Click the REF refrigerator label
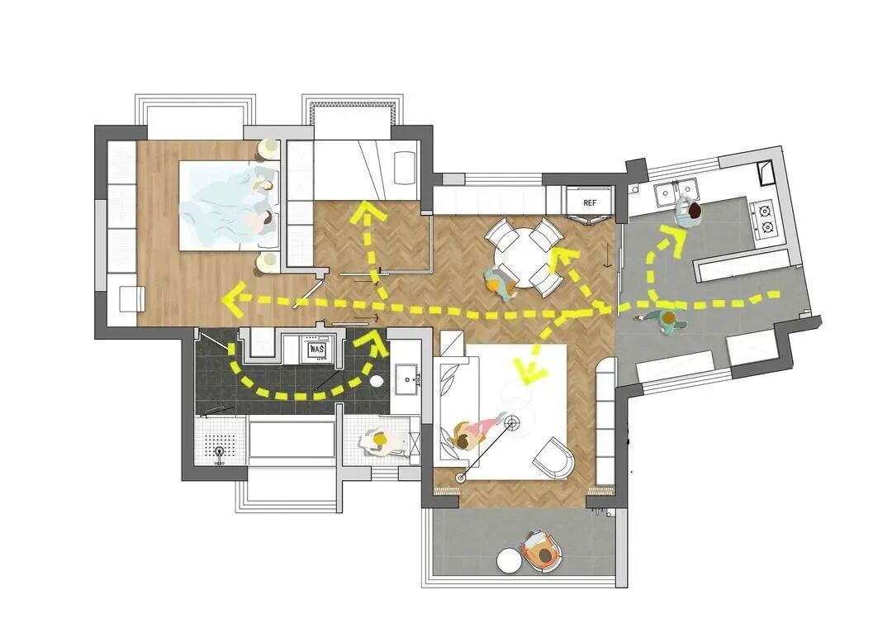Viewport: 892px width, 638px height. tap(590, 202)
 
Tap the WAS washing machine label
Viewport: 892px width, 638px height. tap(316, 349)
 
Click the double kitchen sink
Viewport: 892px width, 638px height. tap(676, 193)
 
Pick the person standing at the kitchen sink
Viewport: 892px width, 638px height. tap(690, 213)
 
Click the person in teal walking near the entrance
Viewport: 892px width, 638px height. tap(663, 321)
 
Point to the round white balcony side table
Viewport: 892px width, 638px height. tap(510, 560)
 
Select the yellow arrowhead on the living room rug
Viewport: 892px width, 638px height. tap(529, 370)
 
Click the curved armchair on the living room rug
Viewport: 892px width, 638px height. tap(553, 458)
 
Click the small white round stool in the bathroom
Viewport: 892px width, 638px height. tap(377, 381)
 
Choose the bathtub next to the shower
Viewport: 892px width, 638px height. tap(292, 440)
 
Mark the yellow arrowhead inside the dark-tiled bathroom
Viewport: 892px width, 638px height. tap(375, 344)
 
